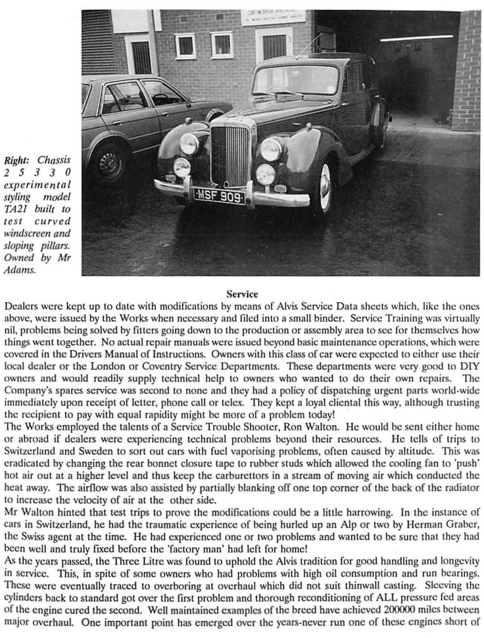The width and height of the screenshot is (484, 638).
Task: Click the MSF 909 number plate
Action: point(219,196)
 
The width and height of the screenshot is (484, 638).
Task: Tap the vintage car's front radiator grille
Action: point(229,155)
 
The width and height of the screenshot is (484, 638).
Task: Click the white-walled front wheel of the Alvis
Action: point(324,187)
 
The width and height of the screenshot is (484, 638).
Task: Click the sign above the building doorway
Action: point(273,17)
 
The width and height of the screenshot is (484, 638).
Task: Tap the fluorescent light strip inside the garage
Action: point(416,38)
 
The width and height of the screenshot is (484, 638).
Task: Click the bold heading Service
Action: point(242,294)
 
